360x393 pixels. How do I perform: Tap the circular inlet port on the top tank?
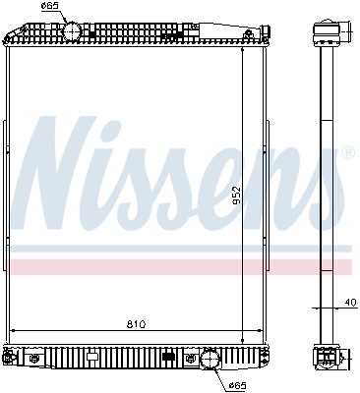tap(72, 32)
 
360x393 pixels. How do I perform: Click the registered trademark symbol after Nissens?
tap(346, 153)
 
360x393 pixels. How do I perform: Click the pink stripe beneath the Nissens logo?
tap(177, 266)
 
